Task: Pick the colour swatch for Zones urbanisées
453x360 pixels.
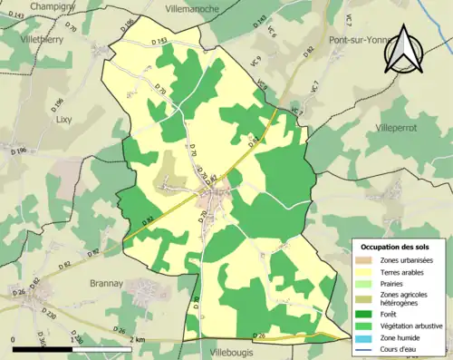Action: (x=366, y=260)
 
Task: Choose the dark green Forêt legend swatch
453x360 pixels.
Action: (x=366, y=315)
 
